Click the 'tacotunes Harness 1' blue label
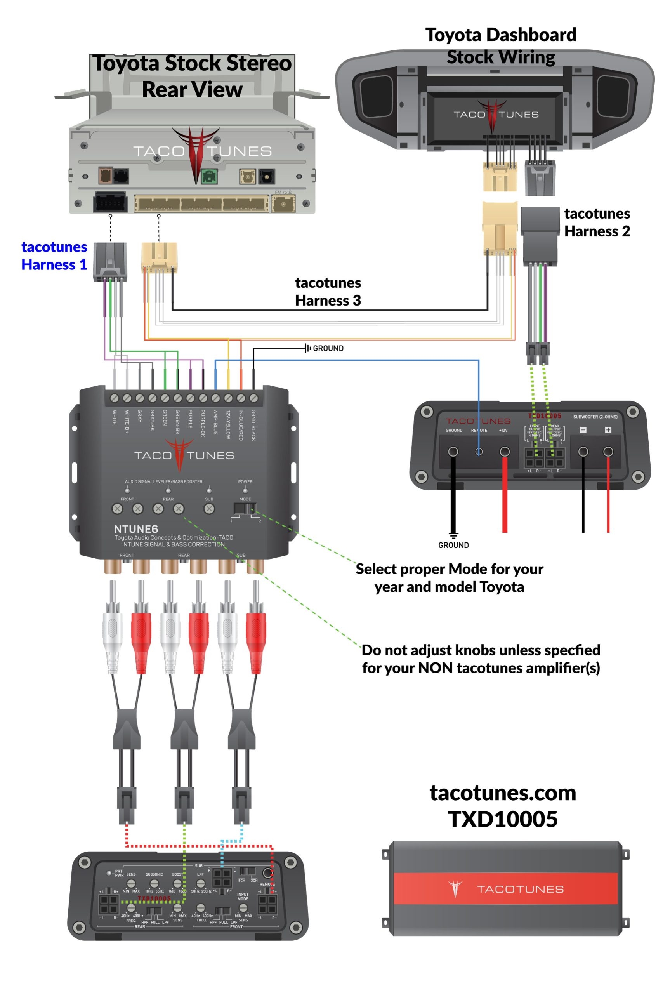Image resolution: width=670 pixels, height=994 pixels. pos(54,255)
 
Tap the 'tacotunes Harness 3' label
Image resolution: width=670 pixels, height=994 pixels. pos(328,292)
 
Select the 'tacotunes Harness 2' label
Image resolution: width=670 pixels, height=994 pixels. pos(597,222)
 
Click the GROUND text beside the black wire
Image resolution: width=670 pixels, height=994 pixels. pos(328,348)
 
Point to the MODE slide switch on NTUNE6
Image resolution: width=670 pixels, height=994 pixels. pos(245,509)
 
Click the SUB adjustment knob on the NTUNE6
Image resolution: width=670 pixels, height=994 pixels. pos(209,509)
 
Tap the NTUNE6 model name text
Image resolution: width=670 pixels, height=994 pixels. pos(136,529)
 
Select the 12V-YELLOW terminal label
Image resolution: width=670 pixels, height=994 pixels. pos(228,424)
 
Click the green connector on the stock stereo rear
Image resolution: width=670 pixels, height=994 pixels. pos(209,176)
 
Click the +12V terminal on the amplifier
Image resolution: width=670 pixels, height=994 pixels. pos(505,451)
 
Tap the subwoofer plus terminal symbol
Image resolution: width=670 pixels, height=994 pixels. pos(608,430)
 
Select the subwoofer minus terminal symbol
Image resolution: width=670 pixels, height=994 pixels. pos(583,430)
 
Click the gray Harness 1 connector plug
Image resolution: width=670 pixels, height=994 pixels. pos(110,261)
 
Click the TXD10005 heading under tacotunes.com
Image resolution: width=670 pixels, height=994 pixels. pos(502,819)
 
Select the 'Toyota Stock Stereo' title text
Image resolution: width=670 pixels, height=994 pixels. pos(192,63)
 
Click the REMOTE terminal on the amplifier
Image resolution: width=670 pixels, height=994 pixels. pos(479,451)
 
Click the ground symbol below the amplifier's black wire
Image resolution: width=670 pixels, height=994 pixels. pos(453,535)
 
